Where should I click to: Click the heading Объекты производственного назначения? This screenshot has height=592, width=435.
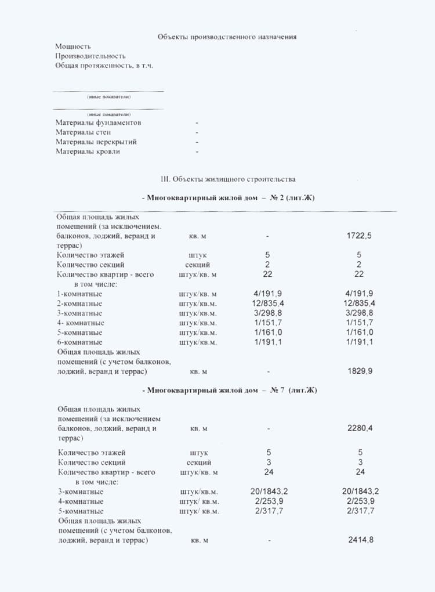coord(227,37)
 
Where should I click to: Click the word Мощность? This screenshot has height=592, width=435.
coord(73,46)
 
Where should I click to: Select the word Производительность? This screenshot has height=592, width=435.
coord(90,56)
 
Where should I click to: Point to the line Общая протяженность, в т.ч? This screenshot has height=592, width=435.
coord(104,66)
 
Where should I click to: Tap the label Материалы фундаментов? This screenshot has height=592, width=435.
coord(98,123)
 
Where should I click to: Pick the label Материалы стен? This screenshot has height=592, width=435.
coord(84,132)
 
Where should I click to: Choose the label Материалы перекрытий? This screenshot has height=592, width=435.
coord(96,142)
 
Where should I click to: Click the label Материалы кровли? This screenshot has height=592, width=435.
coord(88,151)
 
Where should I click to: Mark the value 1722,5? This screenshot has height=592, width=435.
coord(359,236)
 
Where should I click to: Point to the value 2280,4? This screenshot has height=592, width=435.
coord(360,428)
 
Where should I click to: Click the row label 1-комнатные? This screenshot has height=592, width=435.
coord(79,294)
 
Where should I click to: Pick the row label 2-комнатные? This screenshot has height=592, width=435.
coord(79,304)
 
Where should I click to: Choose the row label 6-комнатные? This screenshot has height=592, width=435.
coord(79,342)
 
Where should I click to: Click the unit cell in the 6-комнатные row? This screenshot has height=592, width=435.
coord(198,342)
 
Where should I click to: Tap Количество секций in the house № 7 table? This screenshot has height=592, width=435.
coord(92,463)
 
